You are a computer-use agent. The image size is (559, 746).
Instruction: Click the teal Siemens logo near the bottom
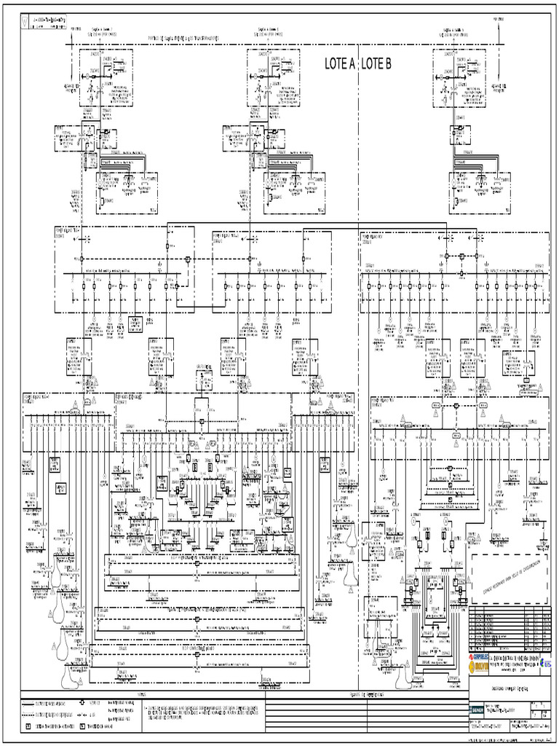point(475,709)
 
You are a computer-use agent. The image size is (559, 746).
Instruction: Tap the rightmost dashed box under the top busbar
point(459,78)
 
